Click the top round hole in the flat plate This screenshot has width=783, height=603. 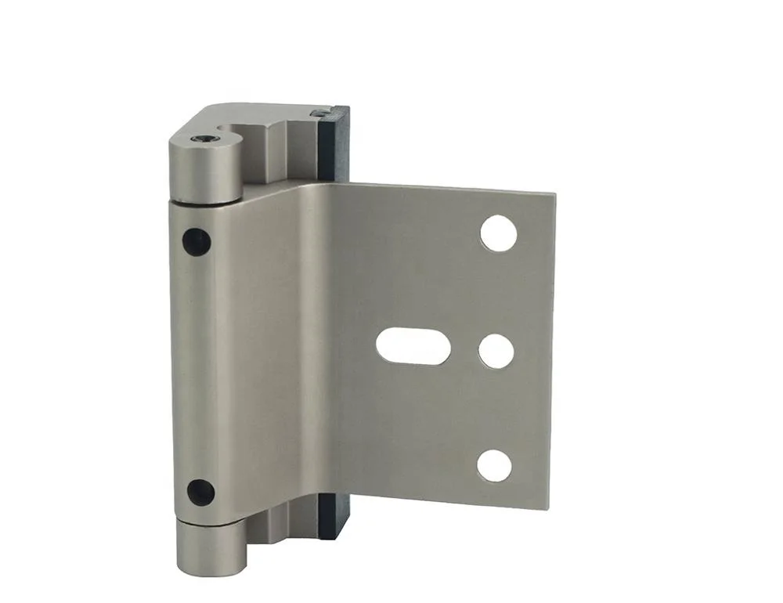point(499,233)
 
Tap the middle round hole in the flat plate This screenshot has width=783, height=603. point(496,352)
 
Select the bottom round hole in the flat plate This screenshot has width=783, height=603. point(494,465)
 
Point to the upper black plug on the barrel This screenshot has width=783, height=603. point(197,241)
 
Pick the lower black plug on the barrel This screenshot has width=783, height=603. point(200,492)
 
